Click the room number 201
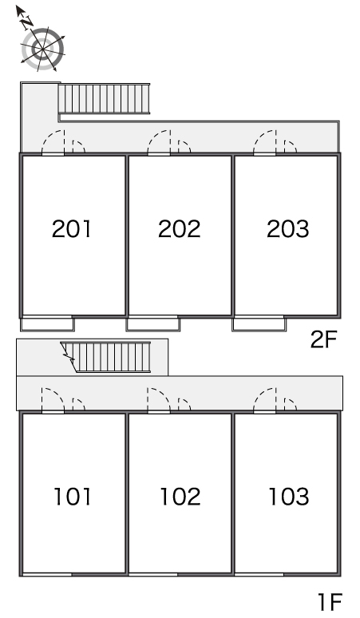pyautogui.click(x=71, y=228)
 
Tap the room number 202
pyautogui.click(x=180, y=228)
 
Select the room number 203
pyautogui.click(x=288, y=228)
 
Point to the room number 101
pyautogui.click(x=73, y=497)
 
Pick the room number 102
pyautogui.click(x=180, y=497)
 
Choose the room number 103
pyautogui.click(x=289, y=497)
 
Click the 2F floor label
pyautogui.click(x=324, y=340)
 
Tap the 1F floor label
pyautogui.click(x=330, y=601)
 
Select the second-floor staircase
pyautogui.click(x=104, y=98)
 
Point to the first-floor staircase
pyautogui.click(x=106, y=357)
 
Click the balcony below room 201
pyautogui.click(x=47, y=323)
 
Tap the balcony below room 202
pyautogui.click(x=153, y=323)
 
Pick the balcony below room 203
pyautogui.click(x=259, y=323)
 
